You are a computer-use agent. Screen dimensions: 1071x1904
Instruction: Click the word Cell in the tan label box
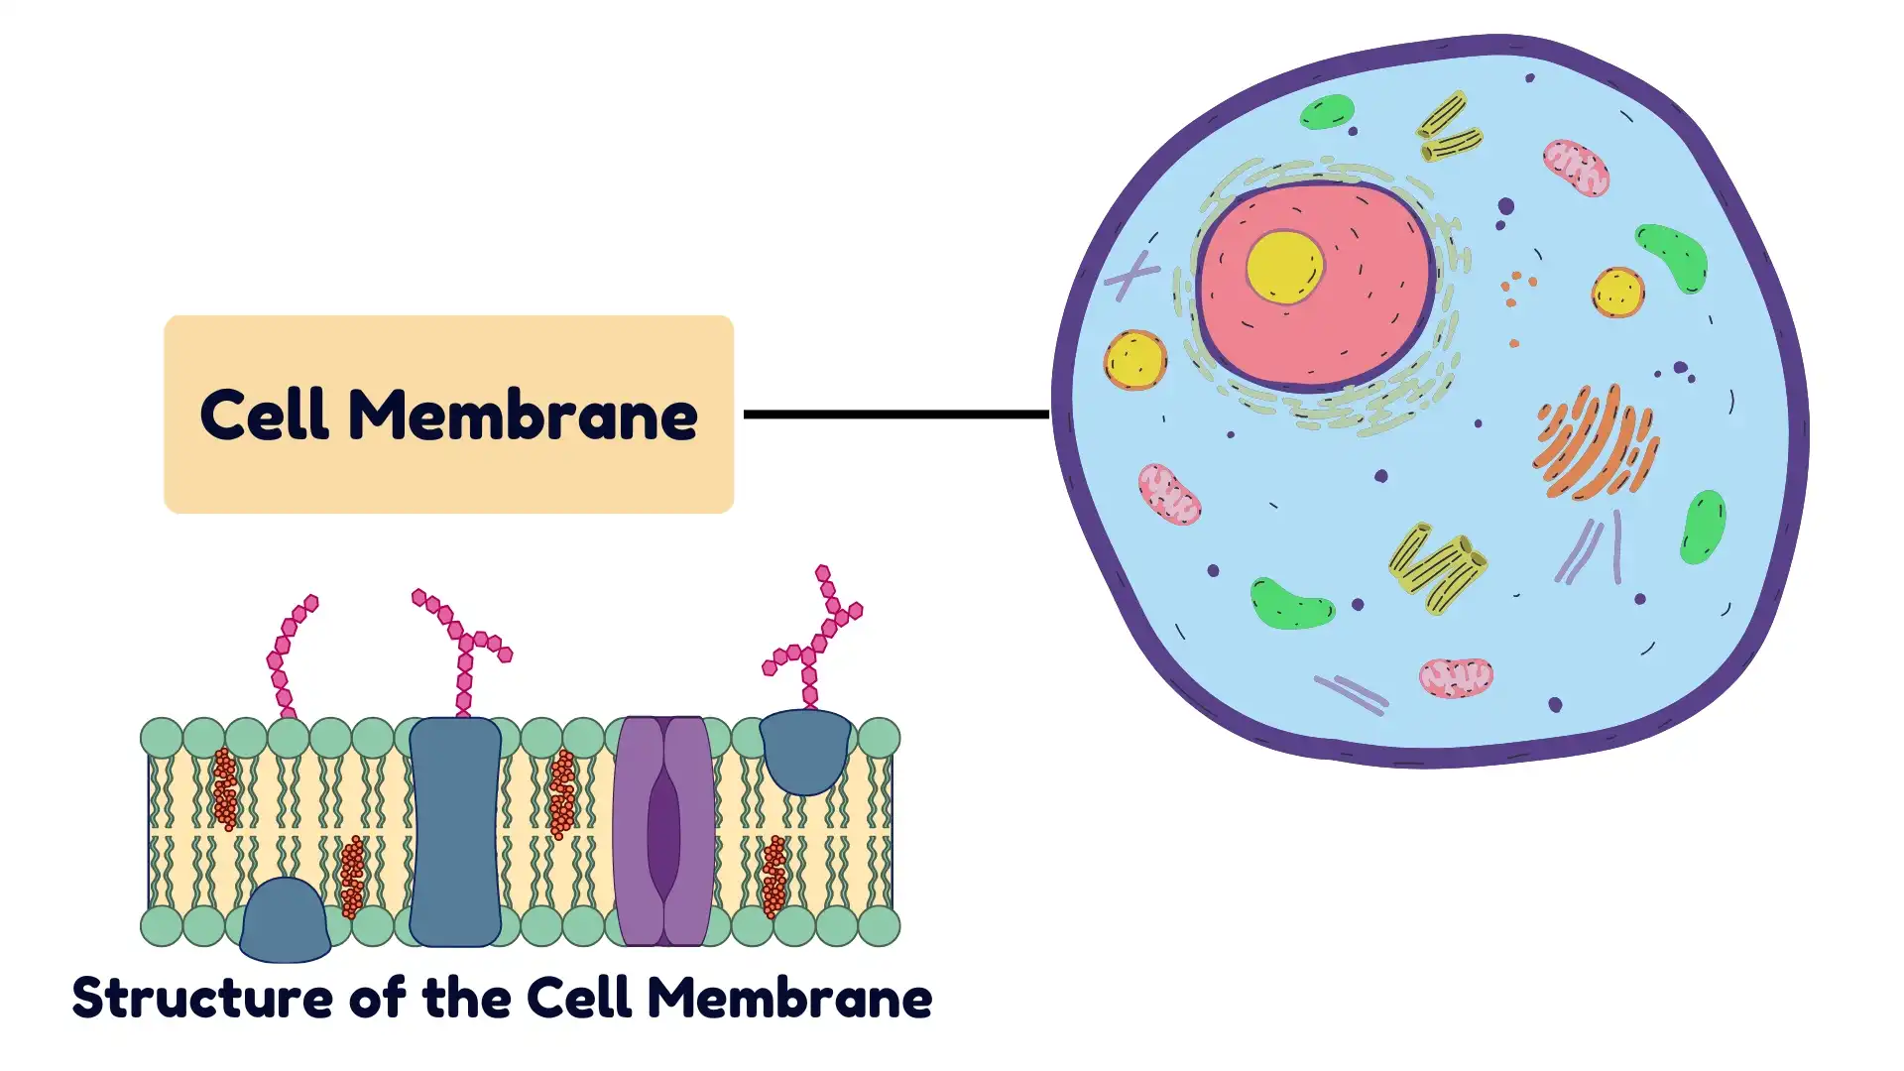point(264,415)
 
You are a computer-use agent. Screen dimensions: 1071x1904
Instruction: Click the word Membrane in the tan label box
point(523,415)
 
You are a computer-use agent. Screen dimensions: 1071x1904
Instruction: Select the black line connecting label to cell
point(895,414)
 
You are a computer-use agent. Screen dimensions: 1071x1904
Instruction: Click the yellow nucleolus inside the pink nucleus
point(1284,267)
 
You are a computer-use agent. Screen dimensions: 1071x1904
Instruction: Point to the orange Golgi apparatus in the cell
point(1595,442)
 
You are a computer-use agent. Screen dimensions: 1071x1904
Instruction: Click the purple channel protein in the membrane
point(663,831)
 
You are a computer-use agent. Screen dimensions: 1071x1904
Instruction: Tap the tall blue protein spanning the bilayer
point(455,831)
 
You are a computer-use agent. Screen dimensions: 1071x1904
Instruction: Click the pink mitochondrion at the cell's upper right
point(1575,168)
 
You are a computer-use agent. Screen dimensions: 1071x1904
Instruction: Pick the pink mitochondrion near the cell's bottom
point(1455,678)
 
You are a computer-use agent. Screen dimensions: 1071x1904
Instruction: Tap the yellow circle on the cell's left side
point(1135,360)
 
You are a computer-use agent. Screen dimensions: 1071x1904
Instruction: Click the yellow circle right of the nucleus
point(1617,293)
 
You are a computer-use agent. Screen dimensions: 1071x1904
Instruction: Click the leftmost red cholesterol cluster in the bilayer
point(225,789)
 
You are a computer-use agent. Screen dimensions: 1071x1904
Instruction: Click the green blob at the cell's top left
point(1327,112)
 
